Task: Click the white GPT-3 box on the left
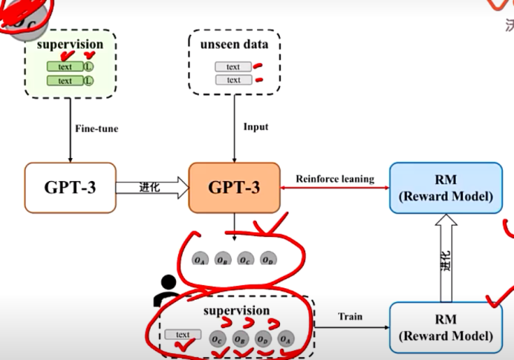(70, 186)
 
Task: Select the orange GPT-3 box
(235, 186)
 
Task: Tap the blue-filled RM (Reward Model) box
(446, 186)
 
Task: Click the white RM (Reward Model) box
(446, 327)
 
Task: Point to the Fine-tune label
(96, 128)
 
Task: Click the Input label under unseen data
(256, 127)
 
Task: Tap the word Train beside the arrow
(351, 317)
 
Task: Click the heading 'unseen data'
(234, 45)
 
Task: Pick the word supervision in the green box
(70, 45)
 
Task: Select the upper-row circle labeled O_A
(200, 260)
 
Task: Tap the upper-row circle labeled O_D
(267, 260)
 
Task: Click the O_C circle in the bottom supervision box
(217, 338)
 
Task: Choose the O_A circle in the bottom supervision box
(285, 338)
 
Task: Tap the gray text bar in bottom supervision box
(183, 335)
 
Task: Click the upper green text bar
(65, 66)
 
